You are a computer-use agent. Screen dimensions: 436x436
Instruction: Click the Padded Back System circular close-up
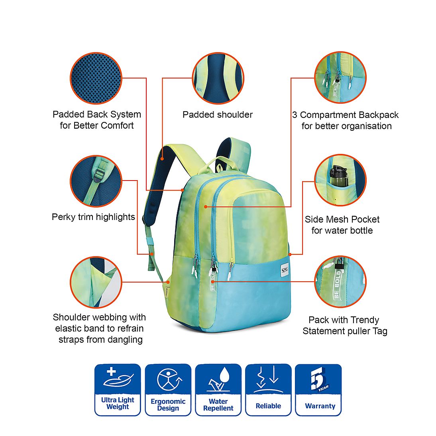tap(96, 78)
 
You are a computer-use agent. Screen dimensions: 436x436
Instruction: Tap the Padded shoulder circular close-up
tap(218, 78)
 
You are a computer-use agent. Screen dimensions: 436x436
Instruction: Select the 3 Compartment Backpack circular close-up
tap(340, 78)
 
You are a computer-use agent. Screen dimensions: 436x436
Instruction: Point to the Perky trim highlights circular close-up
tap(96, 181)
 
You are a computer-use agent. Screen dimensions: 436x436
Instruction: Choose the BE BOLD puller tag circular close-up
tap(340, 282)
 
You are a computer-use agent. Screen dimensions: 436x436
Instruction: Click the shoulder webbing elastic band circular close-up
tap(96, 282)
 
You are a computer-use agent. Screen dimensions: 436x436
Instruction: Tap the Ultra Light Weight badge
tap(118, 390)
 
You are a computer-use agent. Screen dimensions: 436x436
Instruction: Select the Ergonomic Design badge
tap(168, 390)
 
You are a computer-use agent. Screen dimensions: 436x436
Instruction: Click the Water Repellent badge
tap(218, 390)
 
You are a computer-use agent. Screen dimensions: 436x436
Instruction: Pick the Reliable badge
tap(268, 390)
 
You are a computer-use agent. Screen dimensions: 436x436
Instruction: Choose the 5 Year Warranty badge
tap(318, 390)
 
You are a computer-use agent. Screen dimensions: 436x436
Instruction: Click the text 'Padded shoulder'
tap(218, 114)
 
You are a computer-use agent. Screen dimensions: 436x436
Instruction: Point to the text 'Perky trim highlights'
tap(93, 217)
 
